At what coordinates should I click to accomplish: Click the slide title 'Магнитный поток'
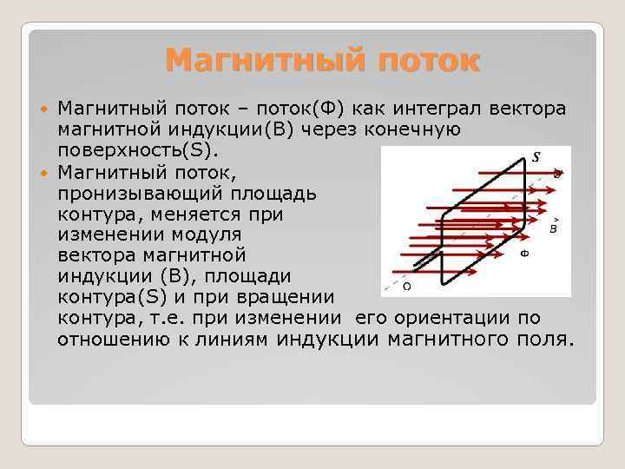321,61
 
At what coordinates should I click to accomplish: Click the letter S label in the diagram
536,157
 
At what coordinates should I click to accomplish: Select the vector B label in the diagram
553,228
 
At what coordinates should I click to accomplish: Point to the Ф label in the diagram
524,254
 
